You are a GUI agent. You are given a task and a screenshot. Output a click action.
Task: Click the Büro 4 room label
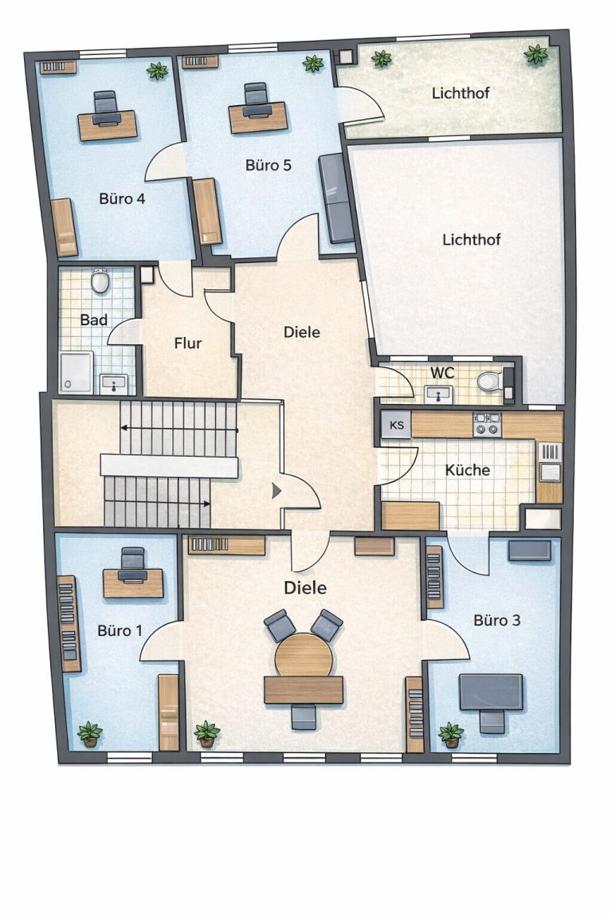click(x=122, y=199)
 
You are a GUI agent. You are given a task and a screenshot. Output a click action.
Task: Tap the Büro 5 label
click(x=269, y=166)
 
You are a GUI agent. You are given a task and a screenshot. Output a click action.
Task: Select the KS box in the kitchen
click(x=397, y=425)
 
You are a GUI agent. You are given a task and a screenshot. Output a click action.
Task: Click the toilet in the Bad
click(x=100, y=281)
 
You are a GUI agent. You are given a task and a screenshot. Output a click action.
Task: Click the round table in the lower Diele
click(x=304, y=655)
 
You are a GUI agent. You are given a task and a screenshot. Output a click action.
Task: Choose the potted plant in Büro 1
click(x=89, y=734)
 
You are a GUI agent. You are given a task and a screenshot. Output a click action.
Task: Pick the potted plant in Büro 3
click(x=450, y=735)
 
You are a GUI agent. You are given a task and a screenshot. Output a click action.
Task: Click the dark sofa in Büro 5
click(x=336, y=198)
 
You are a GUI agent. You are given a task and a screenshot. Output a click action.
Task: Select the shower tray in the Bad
click(x=76, y=372)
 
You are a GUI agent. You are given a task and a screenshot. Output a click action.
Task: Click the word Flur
click(x=188, y=343)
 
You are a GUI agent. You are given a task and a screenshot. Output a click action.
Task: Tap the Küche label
click(x=467, y=470)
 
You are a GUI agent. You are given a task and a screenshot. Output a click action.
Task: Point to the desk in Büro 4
click(x=108, y=124)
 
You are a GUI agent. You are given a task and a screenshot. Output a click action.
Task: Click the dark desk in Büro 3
click(x=491, y=692)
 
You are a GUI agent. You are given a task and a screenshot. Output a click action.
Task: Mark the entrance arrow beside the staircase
click(x=276, y=491)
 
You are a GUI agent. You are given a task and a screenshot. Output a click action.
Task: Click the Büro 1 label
click(x=120, y=630)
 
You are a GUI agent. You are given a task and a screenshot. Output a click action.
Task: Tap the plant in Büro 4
click(x=157, y=71)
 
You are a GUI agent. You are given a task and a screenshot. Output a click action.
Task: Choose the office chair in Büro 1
click(x=132, y=565)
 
